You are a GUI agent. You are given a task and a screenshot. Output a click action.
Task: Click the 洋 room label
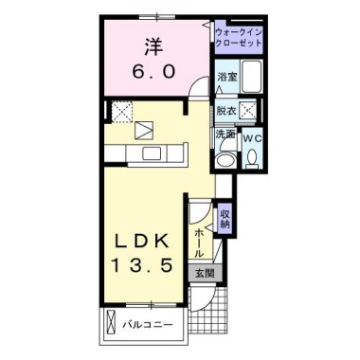pos(153,47)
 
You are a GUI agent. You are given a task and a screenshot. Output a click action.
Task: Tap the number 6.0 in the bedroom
pos(153,72)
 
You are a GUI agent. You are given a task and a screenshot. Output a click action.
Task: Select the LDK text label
pos(141,243)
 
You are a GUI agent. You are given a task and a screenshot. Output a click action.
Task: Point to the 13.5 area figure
pos(141,264)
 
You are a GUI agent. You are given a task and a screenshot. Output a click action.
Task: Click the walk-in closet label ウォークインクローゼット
pos(239,37)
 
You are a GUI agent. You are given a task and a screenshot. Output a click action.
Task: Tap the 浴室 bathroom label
pos(227,77)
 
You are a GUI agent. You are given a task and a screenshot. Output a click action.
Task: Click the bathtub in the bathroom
pos(252,76)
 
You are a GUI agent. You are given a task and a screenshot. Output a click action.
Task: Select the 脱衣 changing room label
pos(226,111)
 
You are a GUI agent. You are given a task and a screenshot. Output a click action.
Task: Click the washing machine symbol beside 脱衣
pos(248,111)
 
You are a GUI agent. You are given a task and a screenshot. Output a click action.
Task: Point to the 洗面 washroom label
pos(225,135)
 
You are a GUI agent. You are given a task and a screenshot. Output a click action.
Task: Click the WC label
pos(253,138)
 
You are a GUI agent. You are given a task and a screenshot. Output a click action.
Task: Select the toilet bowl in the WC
pos(252,157)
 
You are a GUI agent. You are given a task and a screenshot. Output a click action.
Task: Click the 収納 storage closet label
pos(225,220)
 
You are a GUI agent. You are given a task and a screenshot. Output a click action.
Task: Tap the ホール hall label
pos(200,243)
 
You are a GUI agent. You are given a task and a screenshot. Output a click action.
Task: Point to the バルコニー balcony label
pos(148,325)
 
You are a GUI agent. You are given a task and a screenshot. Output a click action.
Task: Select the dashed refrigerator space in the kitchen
pos(122,112)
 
